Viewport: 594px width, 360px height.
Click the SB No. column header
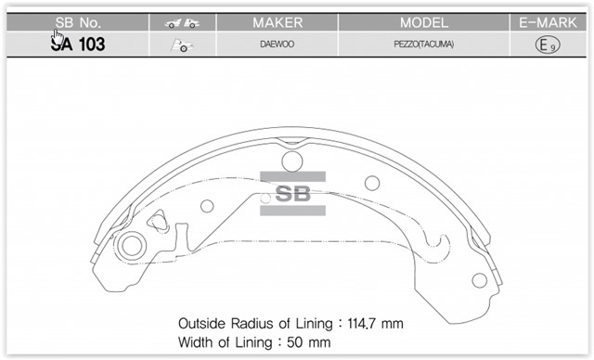pos(78,22)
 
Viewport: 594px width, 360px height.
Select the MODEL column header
pos(423,22)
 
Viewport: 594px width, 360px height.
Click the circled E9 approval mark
pos(547,45)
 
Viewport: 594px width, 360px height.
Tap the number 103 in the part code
pos(91,45)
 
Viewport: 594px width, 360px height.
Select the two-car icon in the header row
pos(183,22)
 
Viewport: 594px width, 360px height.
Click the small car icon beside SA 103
pos(182,45)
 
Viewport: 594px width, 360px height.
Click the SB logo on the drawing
pos(292,194)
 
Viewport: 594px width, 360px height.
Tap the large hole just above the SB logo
pos(291,162)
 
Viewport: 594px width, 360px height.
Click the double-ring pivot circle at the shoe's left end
pos(130,247)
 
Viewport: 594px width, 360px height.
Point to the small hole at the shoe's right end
pos(479,279)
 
